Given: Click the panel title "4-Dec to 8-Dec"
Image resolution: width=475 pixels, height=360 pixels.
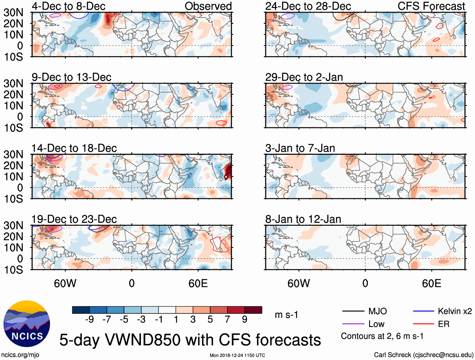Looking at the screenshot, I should (x=69, y=6).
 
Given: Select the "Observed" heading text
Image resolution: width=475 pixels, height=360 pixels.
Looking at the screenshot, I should (x=208, y=6).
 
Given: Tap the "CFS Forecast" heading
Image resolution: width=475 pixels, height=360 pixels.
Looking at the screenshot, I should (x=431, y=6).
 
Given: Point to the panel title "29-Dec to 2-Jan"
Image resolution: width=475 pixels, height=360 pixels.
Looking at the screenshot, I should (x=304, y=77).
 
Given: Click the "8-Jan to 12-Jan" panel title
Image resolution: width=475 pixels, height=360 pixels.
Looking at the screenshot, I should (x=303, y=219).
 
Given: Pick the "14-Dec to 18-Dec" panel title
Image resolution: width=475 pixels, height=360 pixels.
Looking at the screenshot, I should (x=74, y=148).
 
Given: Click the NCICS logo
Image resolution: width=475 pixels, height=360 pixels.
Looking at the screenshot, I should (x=27, y=324).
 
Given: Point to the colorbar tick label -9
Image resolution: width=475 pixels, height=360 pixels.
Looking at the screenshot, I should (x=89, y=320).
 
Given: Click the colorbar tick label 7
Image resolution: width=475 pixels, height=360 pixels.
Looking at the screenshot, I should (x=227, y=320).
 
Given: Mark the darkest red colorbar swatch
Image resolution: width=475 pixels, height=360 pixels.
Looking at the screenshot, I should (x=253, y=310).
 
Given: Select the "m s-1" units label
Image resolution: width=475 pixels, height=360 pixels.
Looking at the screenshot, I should (x=286, y=315).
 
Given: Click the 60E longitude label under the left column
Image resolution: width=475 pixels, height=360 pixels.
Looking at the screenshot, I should (x=198, y=283).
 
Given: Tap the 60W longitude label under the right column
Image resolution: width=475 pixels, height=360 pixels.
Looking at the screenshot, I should (x=299, y=283).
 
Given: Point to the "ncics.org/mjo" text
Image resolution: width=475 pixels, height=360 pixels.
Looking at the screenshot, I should (x=20, y=355).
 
